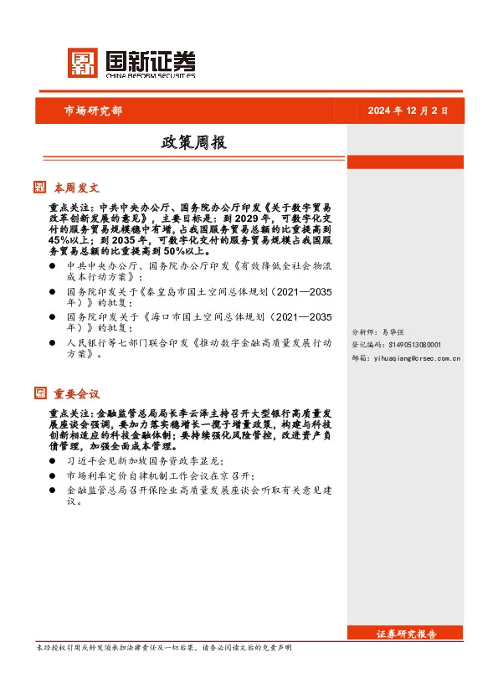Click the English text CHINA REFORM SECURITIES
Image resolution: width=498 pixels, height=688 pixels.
pyautogui.click(x=151, y=75)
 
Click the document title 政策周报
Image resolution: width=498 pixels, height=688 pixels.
pyautogui.click(x=193, y=143)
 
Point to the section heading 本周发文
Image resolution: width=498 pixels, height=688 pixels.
pyautogui.click(x=77, y=187)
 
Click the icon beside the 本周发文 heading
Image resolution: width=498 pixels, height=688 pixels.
pyautogui.click(x=39, y=187)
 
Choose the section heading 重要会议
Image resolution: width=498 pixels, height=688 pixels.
pyautogui.click(x=77, y=393)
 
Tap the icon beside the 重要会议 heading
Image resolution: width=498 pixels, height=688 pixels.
pyautogui.click(x=39, y=393)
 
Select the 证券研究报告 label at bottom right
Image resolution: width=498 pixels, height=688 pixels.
pyautogui.click(x=407, y=634)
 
